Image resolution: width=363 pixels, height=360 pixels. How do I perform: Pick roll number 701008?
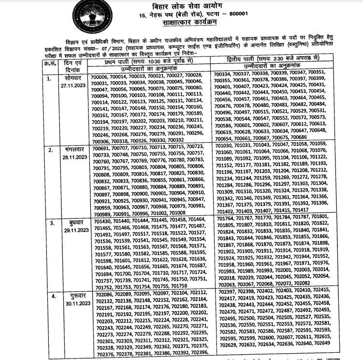[x=174, y=213]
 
